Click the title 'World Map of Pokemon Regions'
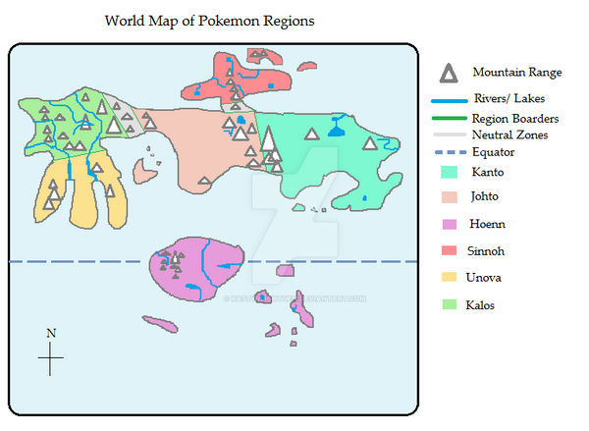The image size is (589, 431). (209, 22)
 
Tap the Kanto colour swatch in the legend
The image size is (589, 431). (450, 171)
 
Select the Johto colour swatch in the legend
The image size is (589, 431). (450, 197)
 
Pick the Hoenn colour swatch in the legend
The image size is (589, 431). (450, 225)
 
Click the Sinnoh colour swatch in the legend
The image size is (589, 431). (450, 251)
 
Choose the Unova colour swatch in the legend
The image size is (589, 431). (450, 279)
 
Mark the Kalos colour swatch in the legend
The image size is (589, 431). (450, 305)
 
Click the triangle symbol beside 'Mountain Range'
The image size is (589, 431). (449, 73)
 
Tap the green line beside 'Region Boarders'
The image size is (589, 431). (449, 118)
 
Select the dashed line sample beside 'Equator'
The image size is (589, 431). (449, 153)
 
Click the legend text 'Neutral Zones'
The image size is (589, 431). (509, 135)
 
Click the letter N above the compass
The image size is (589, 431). (51, 334)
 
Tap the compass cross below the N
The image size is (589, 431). (51, 359)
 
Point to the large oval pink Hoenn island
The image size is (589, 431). (194, 268)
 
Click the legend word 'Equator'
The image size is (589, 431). (493, 152)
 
